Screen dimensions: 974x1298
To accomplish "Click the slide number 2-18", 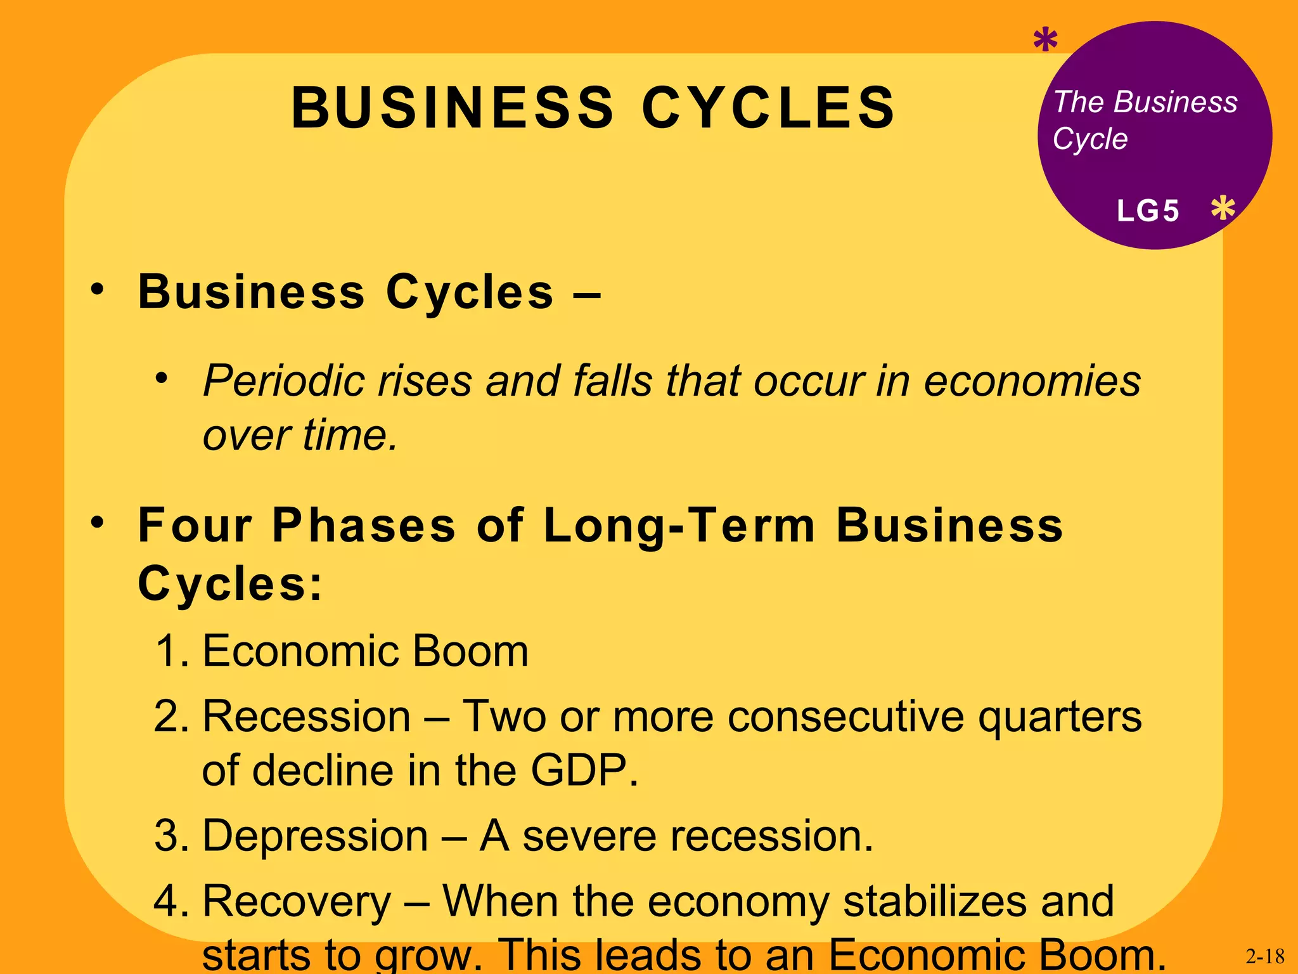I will coord(1265,956).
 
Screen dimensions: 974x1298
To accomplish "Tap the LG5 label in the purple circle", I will coord(1148,211).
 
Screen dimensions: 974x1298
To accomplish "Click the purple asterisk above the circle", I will coord(1045,41).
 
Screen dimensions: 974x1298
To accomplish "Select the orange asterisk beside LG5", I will coord(1223,209).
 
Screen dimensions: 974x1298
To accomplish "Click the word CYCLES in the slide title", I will coord(768,107).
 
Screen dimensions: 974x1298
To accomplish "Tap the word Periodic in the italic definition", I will coord(283,382).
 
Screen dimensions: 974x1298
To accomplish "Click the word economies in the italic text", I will coord(1032,382).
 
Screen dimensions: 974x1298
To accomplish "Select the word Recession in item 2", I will coord(307,717).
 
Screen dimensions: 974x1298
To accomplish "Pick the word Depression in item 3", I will coord(315,836).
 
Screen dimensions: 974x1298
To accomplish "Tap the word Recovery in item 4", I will coord(297,902).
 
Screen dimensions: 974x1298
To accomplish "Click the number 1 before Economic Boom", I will coord(169,651).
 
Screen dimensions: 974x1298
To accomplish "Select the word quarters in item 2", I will coord(1060,717).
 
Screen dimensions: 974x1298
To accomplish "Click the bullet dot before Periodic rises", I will coord(162,379).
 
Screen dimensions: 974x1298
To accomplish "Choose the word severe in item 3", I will coord(589,836).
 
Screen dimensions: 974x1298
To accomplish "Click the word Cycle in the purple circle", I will coord(1090,139).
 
